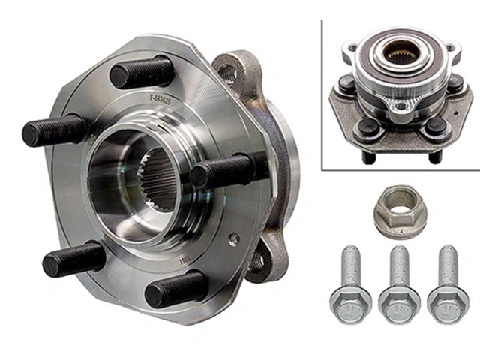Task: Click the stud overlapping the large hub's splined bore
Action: [222, 172]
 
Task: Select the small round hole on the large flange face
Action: [235, 238]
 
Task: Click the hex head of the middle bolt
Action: [394, 304]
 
